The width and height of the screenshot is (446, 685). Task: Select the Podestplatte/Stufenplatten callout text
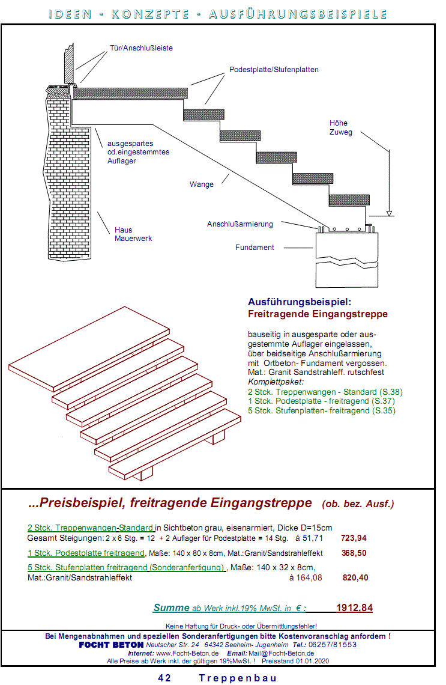[x=274, y=70]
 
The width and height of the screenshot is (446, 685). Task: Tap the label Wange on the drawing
[x=201, y=184]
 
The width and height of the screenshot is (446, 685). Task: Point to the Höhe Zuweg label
[x=340, y=127]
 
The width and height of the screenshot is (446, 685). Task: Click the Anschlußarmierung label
[x=240, y=224]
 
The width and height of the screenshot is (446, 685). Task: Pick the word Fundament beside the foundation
[x=255, y=247]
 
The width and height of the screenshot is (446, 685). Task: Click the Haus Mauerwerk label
[x=133, y=234]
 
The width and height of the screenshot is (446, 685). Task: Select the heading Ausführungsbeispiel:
[x=299, y=302]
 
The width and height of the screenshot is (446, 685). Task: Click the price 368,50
[x=354, y=553]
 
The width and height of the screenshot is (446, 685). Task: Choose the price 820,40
[x=355, y=577]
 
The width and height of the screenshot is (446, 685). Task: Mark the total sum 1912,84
[x=354, y=608]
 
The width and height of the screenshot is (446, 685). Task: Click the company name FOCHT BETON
[x=111, y=645]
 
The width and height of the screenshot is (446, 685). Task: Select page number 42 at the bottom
[x=164, y=678]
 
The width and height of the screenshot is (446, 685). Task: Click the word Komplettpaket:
[x=276, y=382]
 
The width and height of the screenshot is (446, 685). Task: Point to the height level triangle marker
[x=390, y=212]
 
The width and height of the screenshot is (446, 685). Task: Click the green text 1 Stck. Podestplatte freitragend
[x=86, y=553]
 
